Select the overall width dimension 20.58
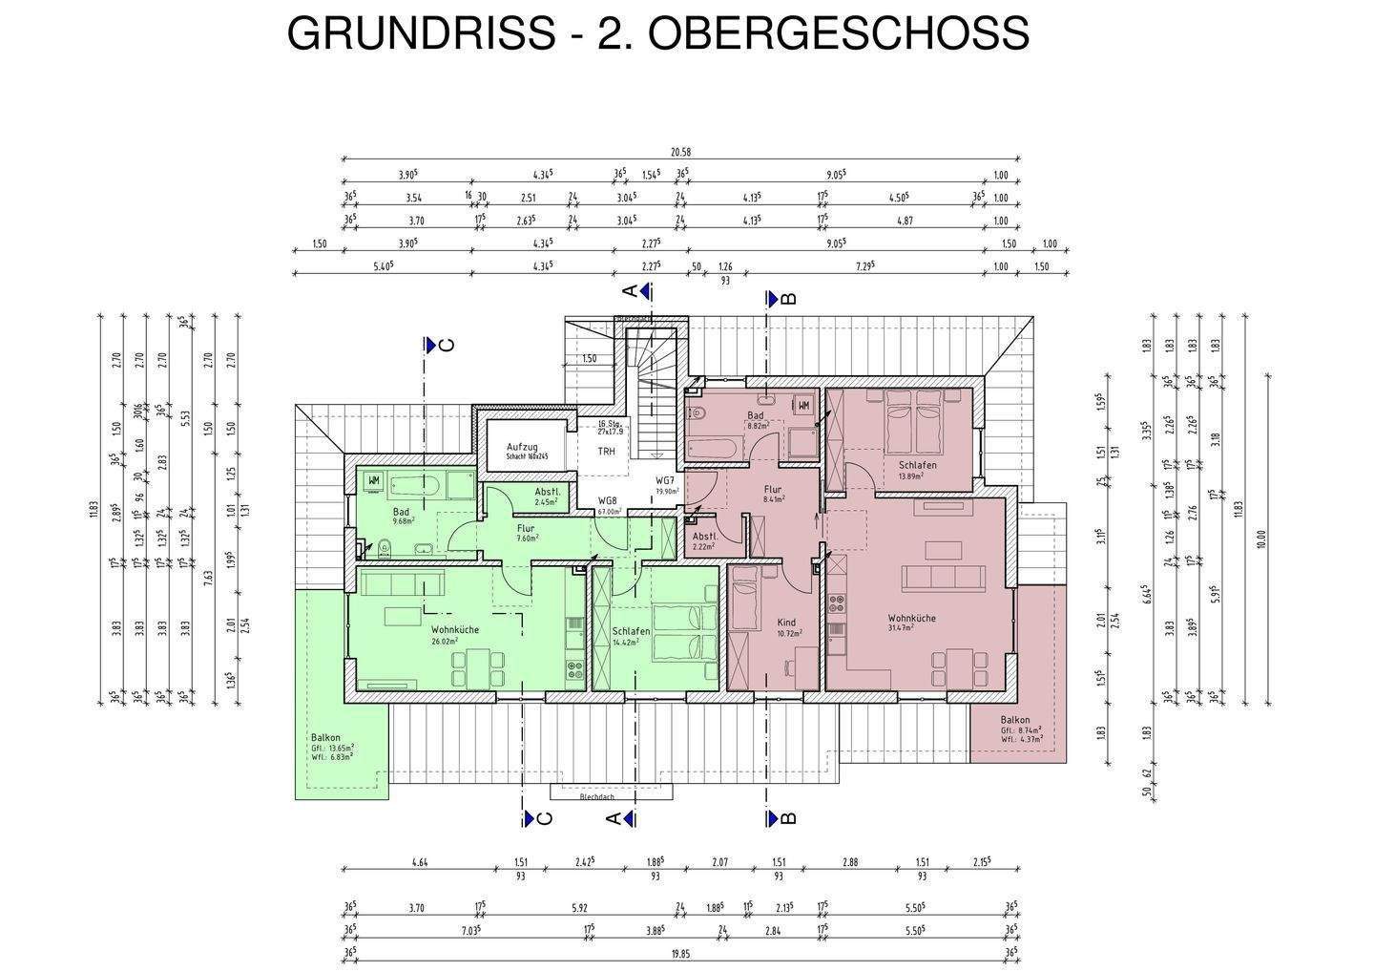(679, 152)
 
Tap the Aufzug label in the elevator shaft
(522, 447)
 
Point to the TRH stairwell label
(606, 451)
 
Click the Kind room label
(787, 623)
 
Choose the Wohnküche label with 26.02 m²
(454, 630)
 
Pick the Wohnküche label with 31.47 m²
(911, 618)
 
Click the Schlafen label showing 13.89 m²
(917, 465)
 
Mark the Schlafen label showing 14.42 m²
(632, 632)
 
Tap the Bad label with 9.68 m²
(401, 512)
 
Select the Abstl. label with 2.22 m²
(704, 537)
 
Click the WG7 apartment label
(665, 480)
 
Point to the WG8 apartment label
(608, 500)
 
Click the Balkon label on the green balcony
(324, 737)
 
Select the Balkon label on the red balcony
(1014, 720)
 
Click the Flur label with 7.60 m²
(525, 528)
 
